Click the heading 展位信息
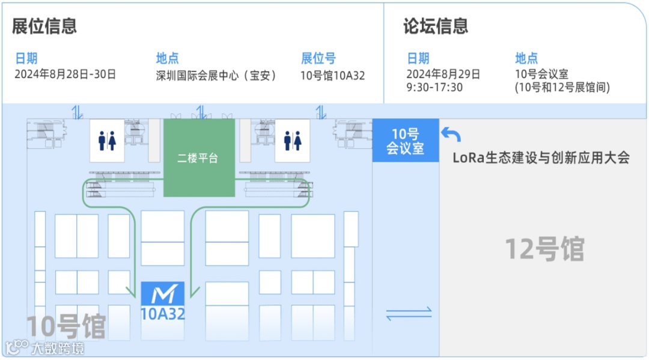(x=44, y=26)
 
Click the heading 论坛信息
(x=436, y=26)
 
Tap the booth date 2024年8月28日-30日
(x=65, y=75)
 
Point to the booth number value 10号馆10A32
(x=332, y=76)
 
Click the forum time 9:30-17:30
(x=434, y=88)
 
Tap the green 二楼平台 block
(x=199, y=158)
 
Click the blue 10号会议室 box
(x=405, y=141)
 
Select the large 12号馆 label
(x=544, y=249)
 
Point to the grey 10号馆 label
(x=66, y=326)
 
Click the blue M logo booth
(x=163, y=294)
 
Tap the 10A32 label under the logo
(x=162, y=314)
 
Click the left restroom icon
(x=107, y=141)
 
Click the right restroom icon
(x=293, y=141)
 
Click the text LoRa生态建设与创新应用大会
(x=541, y=158)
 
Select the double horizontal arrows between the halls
(x=409, y=313)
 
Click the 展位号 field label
(x=318, y=58)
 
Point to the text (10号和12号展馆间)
(x=562, y=88)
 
